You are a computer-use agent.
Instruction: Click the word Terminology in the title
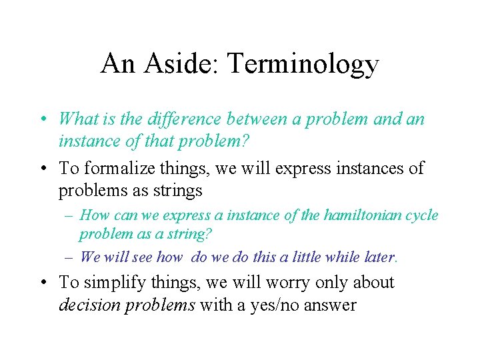pos(303,65)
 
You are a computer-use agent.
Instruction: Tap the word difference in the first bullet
pos(170,119)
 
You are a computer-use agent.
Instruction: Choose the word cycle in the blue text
pos(419,215)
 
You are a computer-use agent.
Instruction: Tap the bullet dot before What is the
pos(43,120)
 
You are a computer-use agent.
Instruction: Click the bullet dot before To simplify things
pos(43,283)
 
